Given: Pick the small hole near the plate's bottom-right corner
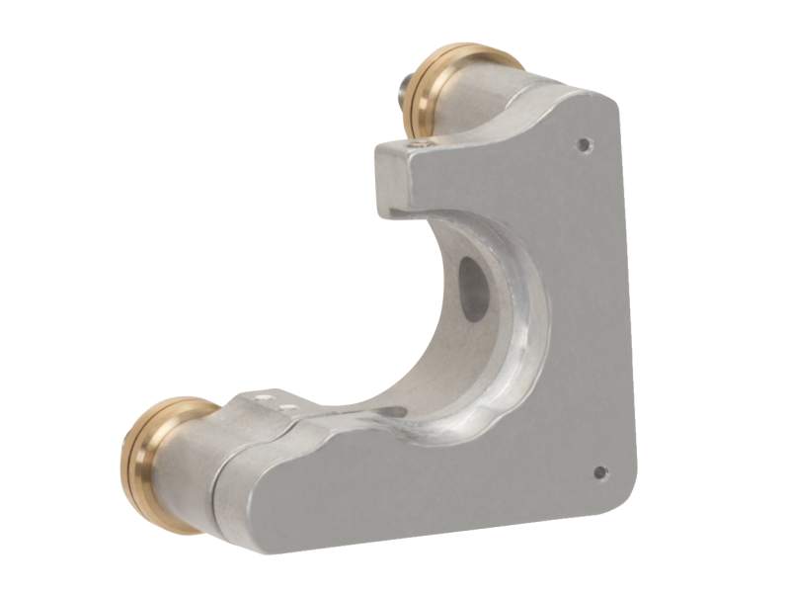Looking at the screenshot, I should (599, 471).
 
